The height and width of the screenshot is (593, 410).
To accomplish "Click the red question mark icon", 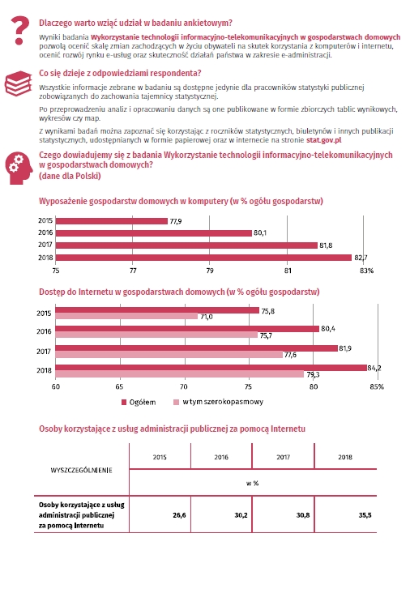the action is point(19,30).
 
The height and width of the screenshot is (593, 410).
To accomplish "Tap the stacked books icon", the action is point(18,83).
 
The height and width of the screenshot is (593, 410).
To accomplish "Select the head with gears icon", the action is point(19,169).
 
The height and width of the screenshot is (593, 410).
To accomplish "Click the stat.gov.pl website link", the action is point(324,140).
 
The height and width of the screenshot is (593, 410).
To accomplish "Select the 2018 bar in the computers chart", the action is point(204,258).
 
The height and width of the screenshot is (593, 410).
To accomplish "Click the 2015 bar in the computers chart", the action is point(112,221).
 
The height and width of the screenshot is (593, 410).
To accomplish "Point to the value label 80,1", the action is point(260,233).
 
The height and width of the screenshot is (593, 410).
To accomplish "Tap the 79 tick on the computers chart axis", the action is point(210,271).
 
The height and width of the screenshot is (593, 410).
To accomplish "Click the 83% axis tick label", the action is point(366,271).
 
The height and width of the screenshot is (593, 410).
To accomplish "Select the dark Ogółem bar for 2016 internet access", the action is point(187,329).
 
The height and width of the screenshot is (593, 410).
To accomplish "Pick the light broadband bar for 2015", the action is point(126,316).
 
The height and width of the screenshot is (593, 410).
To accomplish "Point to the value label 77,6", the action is point(290,355).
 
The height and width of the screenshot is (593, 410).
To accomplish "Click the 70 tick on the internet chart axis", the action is point(183,386).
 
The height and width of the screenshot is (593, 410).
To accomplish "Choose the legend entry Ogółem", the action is point(139,402).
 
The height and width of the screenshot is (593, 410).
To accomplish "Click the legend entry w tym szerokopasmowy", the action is point(218,402).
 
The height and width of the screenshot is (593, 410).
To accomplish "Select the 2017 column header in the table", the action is point(284,457).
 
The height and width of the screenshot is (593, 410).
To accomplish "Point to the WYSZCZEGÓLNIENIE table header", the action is point(81,470).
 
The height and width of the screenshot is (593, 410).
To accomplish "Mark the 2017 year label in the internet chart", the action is point(44,352).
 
